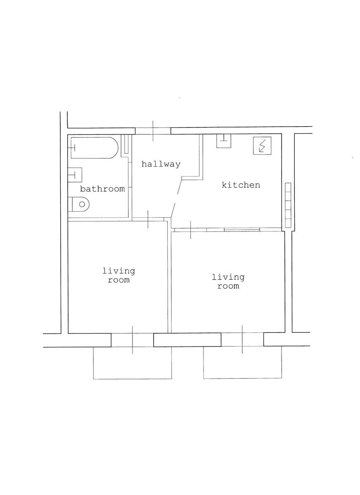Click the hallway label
pos(161,164)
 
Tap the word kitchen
pos(241,185)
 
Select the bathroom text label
pos(102,189)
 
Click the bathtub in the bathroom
pos(95,148)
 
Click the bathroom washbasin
pos(75,175)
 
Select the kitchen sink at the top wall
pos(224,141)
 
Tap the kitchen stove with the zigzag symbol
pos(262,146)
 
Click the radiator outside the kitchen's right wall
pos(288,205)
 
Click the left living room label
pos(118,276)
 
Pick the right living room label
pos(228,281)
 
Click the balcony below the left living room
pos(133,363)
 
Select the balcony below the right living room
pos(243,363)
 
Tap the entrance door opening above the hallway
pos(153,131)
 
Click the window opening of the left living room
pos(132,340)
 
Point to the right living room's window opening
pos(242,339)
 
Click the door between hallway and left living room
pos(148,219)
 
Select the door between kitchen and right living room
pos(191,230)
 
